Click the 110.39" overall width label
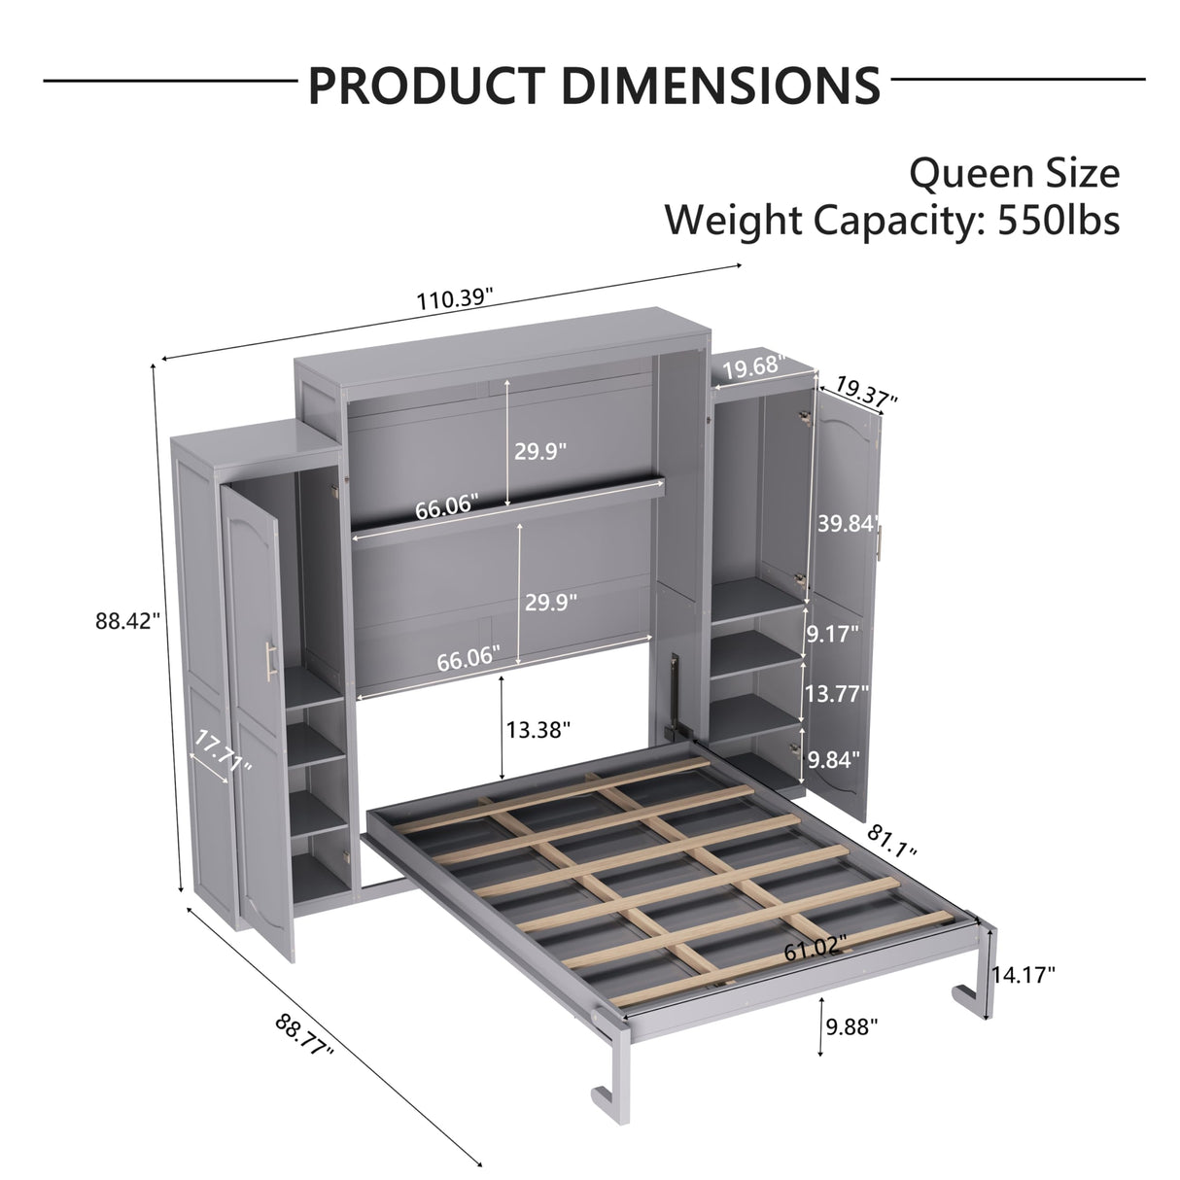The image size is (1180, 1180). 455,297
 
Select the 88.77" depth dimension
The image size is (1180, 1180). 305,1036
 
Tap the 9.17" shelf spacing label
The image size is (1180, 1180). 833,635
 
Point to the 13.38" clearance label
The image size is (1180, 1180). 538,729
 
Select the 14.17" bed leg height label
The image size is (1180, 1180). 1024,974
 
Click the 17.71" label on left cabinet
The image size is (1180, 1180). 224,752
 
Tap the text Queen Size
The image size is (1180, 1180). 1014,173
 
